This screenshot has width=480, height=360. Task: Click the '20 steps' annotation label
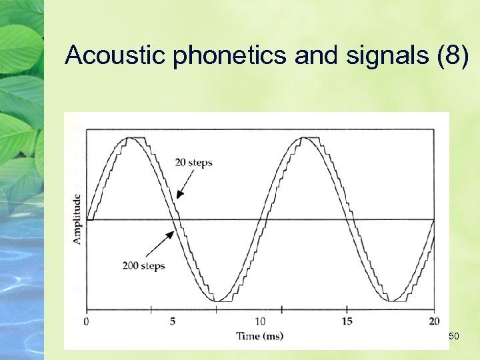point(194,163)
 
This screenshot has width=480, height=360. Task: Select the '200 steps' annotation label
point(143,266)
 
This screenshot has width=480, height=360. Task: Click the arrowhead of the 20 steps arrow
point(178,197)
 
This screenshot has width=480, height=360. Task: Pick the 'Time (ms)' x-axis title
point(260,336)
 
